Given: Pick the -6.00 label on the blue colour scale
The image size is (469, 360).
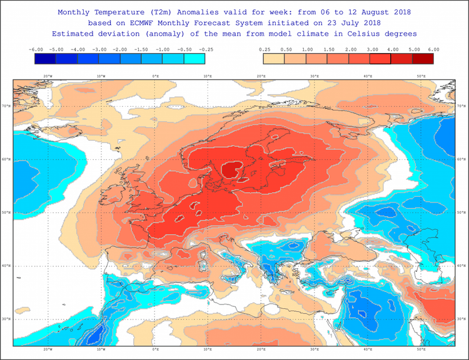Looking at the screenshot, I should coord(36,49).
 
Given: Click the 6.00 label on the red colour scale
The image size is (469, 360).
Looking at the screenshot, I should coord(433,49).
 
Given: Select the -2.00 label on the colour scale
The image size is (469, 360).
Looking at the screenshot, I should coord(121,49).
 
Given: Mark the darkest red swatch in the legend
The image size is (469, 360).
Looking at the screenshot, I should coord(423,59).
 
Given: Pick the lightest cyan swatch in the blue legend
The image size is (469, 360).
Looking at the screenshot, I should coord(194,59).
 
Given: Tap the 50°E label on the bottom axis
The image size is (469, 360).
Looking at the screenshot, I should coord(421,349).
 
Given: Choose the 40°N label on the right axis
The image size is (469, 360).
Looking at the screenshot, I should coord(461,266).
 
